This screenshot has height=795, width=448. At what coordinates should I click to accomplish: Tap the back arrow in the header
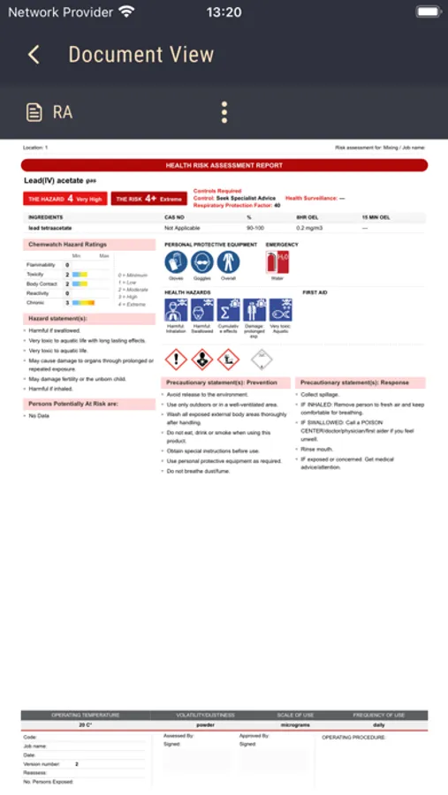coord(34,55)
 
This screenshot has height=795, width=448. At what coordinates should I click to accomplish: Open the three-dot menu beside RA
coord(224,112)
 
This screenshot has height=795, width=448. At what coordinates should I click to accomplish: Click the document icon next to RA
coord(34,112)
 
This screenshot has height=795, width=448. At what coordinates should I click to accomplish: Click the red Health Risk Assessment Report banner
coord(224,165)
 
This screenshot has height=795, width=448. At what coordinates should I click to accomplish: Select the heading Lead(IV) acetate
coord(59,180)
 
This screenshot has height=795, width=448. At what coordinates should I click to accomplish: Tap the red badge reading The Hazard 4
coord(65,199)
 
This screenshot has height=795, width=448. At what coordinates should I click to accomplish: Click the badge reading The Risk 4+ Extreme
coord(149,199)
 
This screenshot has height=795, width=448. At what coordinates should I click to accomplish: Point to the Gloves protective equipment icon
coord(176,261)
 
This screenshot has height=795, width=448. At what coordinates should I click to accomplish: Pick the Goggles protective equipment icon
coord(202,261)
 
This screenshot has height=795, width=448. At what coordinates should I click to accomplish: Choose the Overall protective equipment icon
coord(228,261)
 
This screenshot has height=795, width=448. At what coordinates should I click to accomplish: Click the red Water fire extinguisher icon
coord(277,261)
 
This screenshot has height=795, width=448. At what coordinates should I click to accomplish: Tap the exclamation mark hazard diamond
coord(177,359)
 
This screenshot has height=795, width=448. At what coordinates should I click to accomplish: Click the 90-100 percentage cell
coord(254,228)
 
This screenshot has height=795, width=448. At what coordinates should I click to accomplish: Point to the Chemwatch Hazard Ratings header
coord(68,244)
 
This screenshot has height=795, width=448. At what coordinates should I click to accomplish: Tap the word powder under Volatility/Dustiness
coord(205,724)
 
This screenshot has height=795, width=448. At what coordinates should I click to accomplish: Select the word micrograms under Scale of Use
coord(294,724)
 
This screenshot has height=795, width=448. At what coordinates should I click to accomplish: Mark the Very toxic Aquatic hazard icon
coord(281,310)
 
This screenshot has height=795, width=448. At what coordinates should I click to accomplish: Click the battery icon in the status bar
coord(429,12)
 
